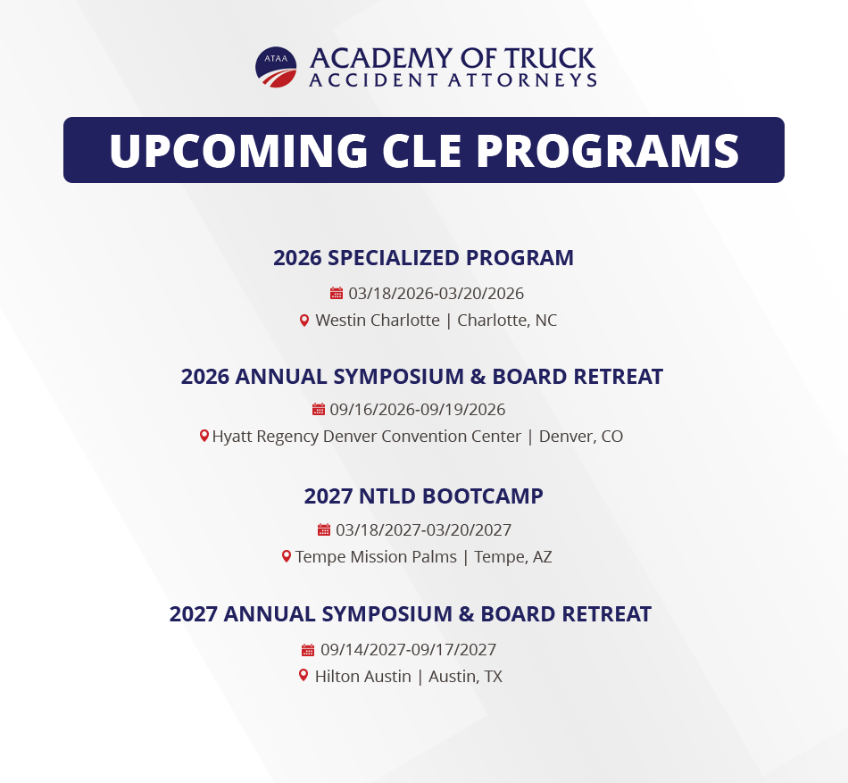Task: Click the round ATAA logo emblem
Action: (x=276, y=67)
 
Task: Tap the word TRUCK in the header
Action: (x=550, y=59)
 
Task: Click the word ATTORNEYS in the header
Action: (x=522, y=80)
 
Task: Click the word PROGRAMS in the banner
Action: (x=607, y=150)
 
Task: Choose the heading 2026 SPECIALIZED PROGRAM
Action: (x=423, y=258)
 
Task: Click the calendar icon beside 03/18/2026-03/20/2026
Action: (x=337, y=293)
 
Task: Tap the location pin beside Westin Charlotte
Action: (x=304, y=321)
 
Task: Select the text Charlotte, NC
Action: (x=507, y=321)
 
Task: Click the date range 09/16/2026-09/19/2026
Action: (x=418, y=409)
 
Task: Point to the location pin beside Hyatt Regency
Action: (x=204, y=436)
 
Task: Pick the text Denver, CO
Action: (x=581, y=436)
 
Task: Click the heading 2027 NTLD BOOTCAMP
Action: (x=423, y=496)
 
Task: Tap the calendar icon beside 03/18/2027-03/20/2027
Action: (x=324, y=530)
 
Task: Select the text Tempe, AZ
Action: (x=512, y=556)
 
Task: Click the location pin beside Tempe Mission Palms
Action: (x=287, y=556)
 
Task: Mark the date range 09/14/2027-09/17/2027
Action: (x=408, y=649)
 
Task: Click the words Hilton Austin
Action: (x=363, y=676)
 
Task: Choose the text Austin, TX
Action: (x=465, y=676)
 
